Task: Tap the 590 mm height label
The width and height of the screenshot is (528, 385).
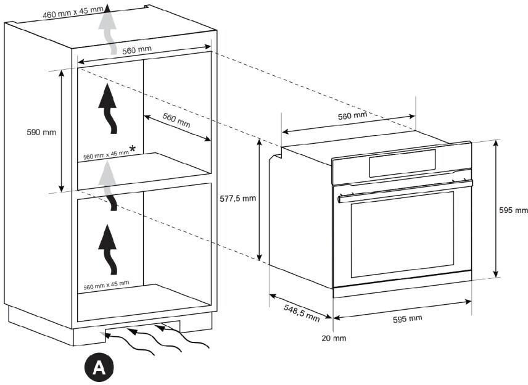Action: [41, 132]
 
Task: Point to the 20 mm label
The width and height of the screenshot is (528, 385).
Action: [334, 338]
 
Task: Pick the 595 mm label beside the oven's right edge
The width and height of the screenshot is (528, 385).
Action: [513, 210]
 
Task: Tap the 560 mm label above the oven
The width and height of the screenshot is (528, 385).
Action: [352, 115]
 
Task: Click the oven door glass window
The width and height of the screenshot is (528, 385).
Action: [402, 233]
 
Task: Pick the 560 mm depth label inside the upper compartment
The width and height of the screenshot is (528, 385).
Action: [176, 119]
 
